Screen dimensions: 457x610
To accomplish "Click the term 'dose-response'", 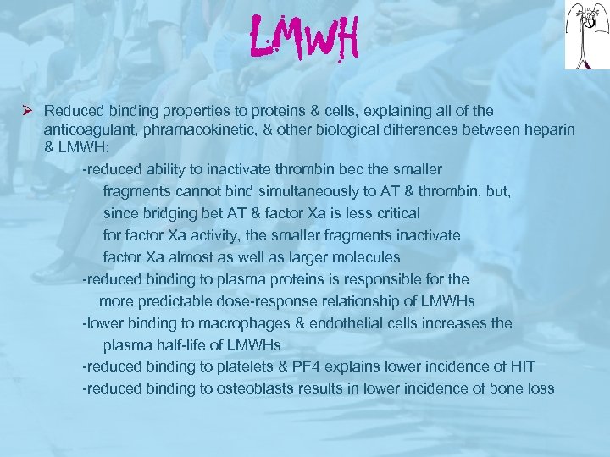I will point(273,300).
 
